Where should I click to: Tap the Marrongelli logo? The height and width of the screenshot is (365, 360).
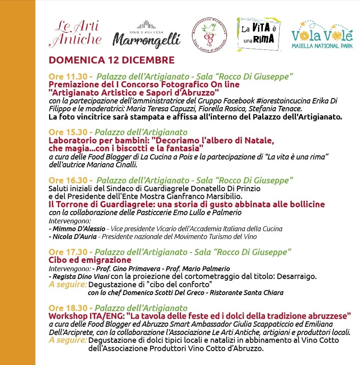coord(146,35)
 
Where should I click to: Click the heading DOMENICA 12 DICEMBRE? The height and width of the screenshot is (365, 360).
coord(111,60)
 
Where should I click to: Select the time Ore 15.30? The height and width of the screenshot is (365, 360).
coord(67,132)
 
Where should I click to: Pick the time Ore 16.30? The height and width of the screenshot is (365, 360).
coord(67,180)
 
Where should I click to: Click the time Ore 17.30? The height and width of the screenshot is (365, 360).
coord(67,252)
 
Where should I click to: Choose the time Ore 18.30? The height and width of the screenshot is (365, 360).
coord(67,308)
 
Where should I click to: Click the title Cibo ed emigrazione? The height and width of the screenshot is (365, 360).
coord(90,260)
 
